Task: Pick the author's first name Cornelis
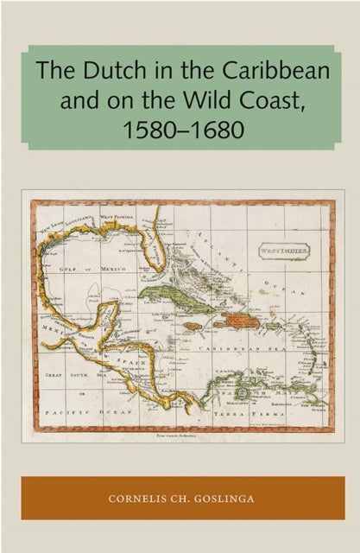coord(141,497)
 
